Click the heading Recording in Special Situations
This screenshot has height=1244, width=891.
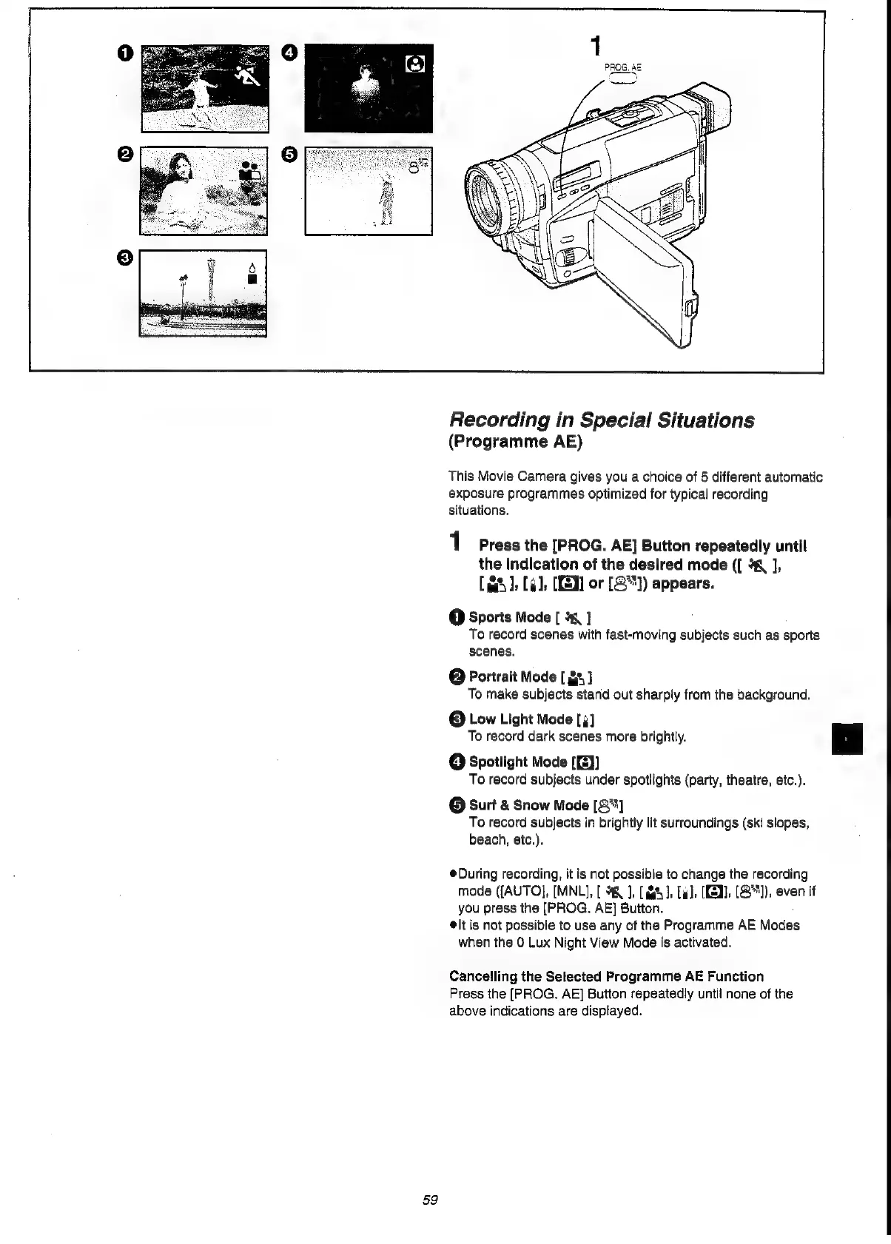pos(602,420)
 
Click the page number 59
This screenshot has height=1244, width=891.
pos(431,1200)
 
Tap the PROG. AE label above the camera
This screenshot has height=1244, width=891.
pos(622,67)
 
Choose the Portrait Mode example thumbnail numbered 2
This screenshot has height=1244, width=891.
pos(204,191)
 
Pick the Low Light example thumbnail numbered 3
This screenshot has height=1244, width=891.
pos(203,293)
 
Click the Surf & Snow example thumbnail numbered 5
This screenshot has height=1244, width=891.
pos(369,191)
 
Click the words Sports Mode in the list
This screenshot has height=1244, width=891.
pos(510,617)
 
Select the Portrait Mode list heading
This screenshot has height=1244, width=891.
pos(512,676)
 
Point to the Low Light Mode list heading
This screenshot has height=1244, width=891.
pos(520,719)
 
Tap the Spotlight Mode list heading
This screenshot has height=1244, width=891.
pos(518,762)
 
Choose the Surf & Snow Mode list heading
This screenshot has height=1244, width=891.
pos(528,805)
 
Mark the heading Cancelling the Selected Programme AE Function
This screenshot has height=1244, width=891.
pos(606,976)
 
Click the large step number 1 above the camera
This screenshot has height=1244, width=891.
pos(594,47)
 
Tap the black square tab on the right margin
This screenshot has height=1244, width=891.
pos(847,739)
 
